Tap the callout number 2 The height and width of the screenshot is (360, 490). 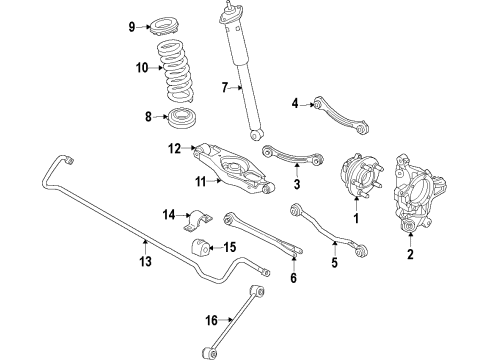pos(410,257)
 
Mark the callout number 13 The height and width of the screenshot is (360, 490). pos(146,263)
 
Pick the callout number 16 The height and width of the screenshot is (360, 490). pos(211,321)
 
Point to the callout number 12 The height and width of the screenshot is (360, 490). pos(173,149)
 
